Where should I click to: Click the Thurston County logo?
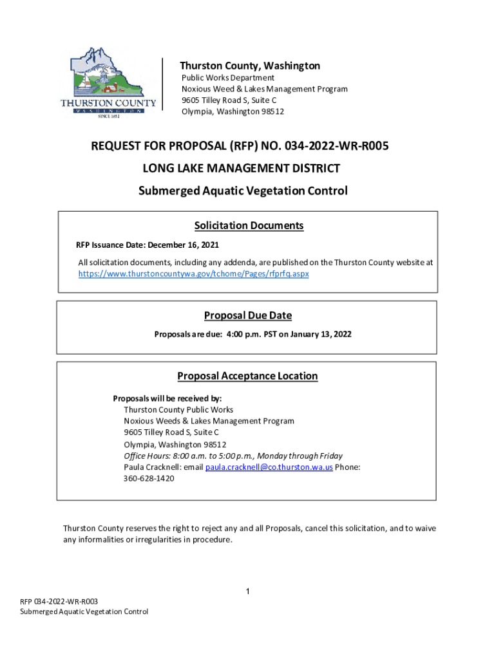[x=108, y=82]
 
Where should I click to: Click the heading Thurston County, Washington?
[x=249, y=66]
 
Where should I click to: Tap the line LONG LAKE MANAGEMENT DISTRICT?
[x=241, y=169]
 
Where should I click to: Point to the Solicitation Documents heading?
[x=249, y=226]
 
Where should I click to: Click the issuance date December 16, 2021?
[x=182, y=245]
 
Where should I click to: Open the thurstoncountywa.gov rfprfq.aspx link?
[x=194, y=274]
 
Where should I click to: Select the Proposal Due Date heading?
[x=248, y=315]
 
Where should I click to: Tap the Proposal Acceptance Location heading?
[x=247, y=376]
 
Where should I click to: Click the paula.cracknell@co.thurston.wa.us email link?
[x=269, y=467]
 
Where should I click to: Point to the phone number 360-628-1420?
[x=149, y=479]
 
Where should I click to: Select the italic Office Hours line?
[x=233, y=456]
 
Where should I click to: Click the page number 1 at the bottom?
[x=247, y=591]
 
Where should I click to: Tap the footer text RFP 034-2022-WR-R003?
[x=59, y=601]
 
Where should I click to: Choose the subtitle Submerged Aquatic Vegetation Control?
[x=243, y=191]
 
